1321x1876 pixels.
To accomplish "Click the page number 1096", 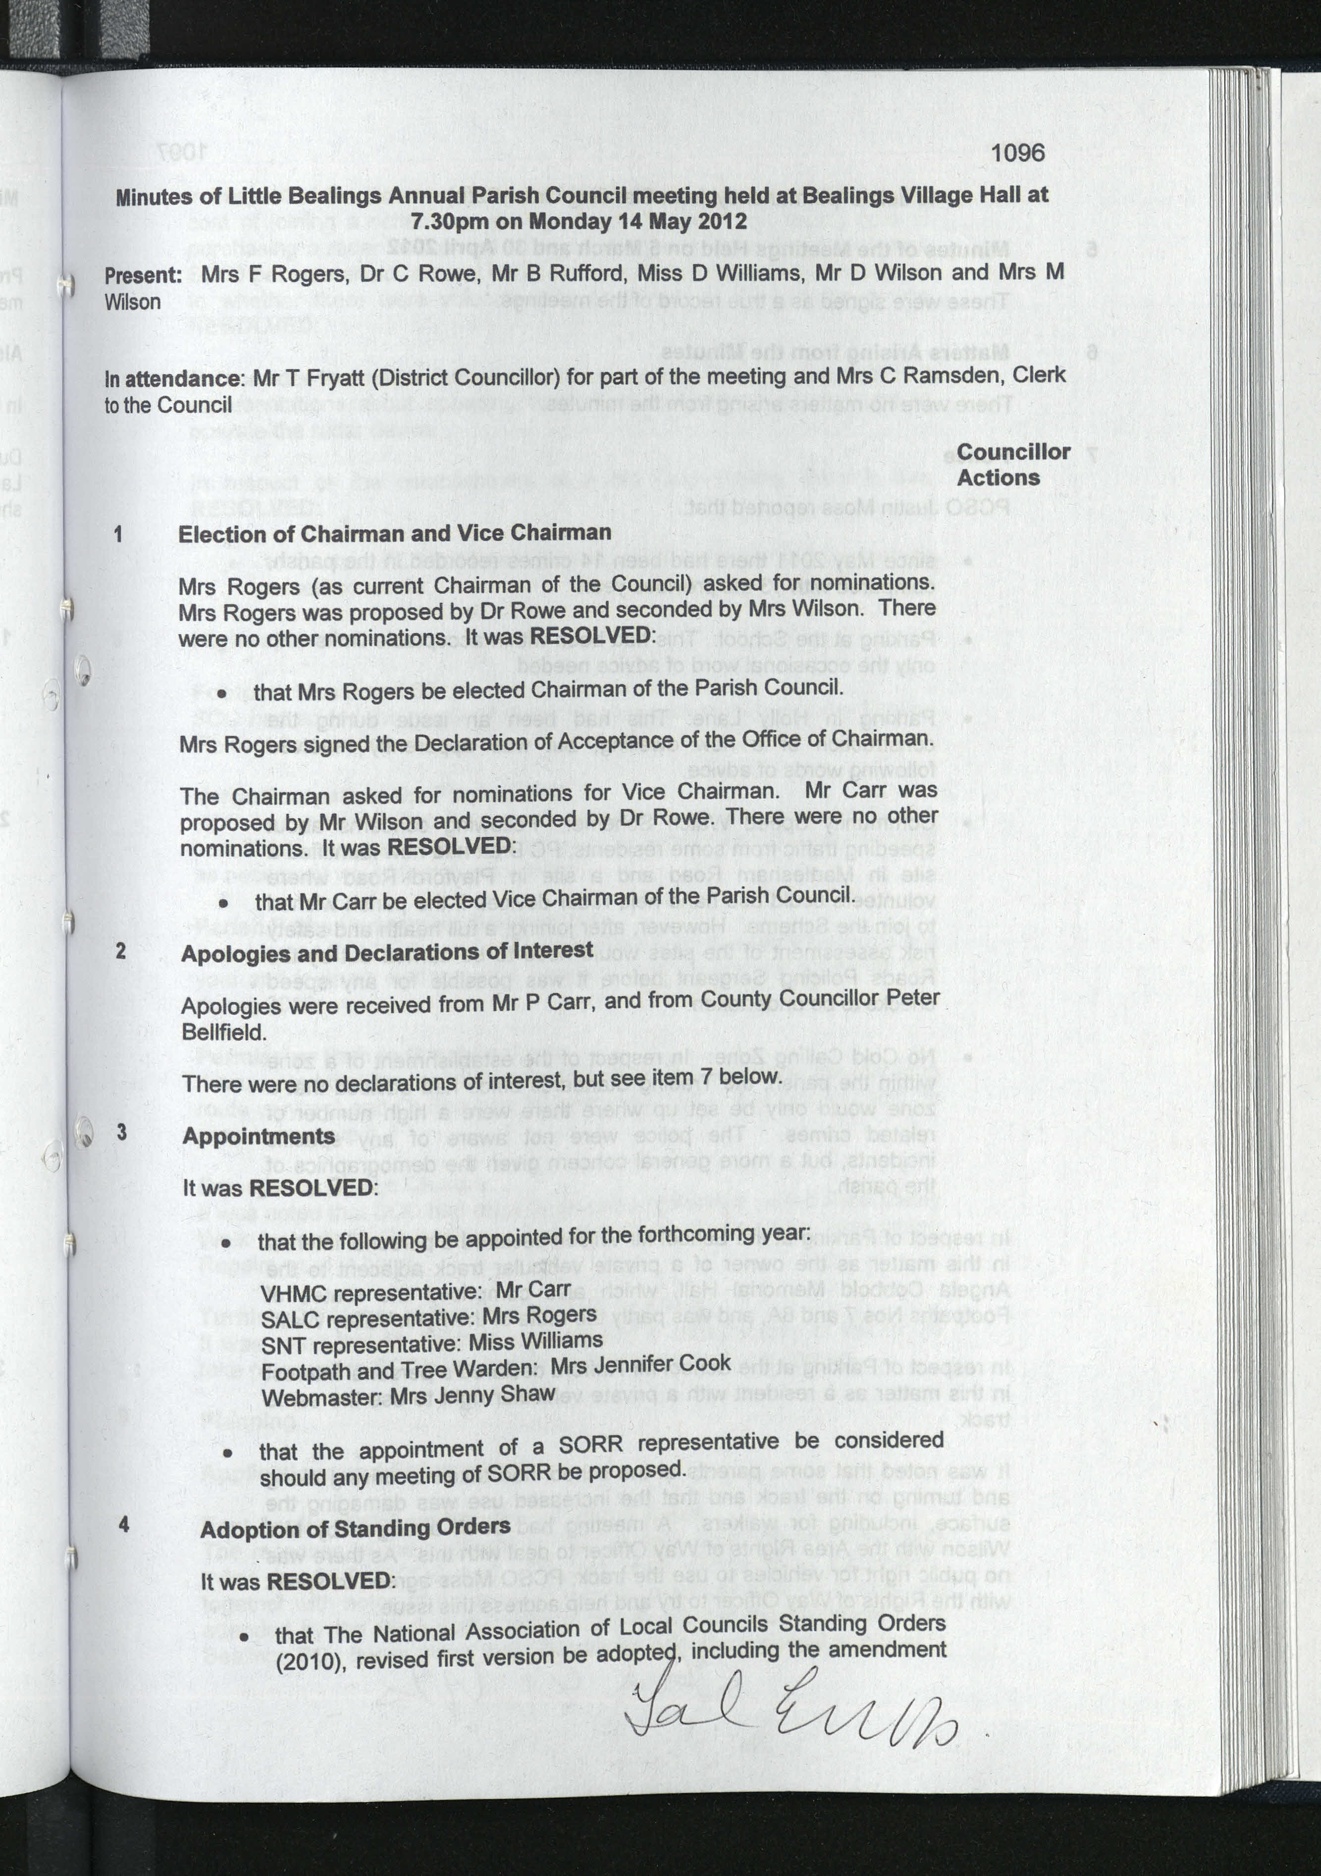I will (x=1017, y=153).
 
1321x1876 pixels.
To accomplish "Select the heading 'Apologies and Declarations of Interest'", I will (x=386, y=952).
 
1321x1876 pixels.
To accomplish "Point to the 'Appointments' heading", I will (x=258, y=1136).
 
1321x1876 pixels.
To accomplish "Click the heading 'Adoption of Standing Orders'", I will (x=355, y=1527).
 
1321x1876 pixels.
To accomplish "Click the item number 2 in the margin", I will (x=121, y=950).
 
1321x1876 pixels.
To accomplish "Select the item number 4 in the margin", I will (x=123, y=1524).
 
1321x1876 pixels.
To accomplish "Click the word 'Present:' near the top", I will (x=143, y=276).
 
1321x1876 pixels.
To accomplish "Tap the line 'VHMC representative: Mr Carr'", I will (x=415, y=1292).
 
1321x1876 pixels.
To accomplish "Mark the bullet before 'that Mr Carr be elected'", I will (x=223, y=903).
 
